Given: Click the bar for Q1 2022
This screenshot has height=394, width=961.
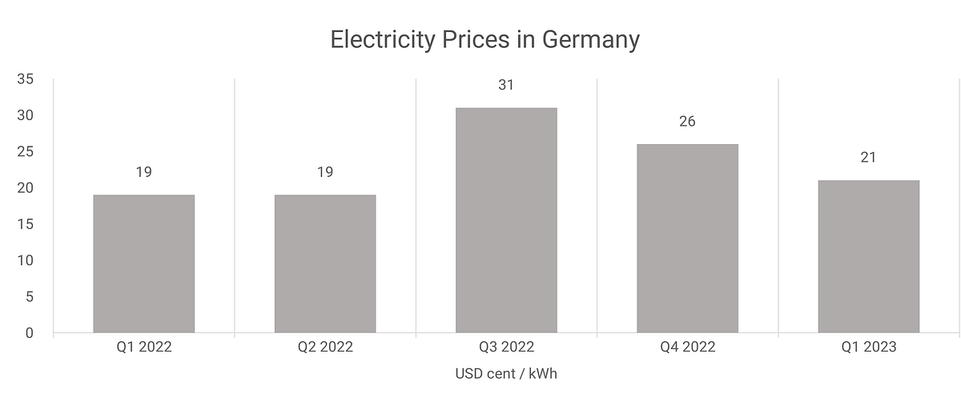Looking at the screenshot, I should (x=144, y=263).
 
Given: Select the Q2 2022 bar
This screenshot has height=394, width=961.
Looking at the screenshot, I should (x=325, y=263).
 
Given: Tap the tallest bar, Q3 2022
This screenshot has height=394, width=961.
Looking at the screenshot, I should (x=506, y=220).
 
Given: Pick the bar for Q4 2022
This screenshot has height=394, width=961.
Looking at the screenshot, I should (x=687, y=238).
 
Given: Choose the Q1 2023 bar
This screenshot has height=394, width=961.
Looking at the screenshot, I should (x=868, y=256).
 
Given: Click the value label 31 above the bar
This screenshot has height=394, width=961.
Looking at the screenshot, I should (x=506, y=84).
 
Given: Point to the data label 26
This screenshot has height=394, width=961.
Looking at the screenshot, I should (x=687, y=121).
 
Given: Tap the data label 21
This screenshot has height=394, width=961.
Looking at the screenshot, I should (x=868, y=157).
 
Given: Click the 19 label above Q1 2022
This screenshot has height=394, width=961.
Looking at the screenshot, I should (x=144, y=171).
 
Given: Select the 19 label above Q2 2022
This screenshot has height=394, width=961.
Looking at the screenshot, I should (x=325, y=171).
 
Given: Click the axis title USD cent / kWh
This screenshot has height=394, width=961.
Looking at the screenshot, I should (x=505, y=374).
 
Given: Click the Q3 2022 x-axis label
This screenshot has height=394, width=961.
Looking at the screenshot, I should (x=506, y=348).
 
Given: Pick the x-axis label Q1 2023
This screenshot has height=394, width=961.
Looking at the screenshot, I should (x=868, y=348).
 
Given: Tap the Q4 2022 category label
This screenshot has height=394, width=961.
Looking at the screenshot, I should (x=687, y=348).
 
